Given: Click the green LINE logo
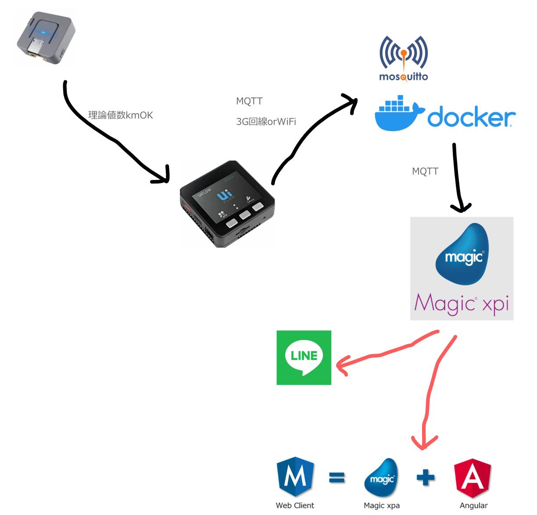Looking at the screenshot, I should (304, 358).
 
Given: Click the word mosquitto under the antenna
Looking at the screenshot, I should (404, 77).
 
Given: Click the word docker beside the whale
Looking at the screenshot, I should (471, 117).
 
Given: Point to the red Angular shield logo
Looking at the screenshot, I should (473, 477).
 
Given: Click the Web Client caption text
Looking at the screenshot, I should (295, 505).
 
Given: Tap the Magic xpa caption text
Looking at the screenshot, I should (382, 505).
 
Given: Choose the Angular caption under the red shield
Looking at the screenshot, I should (473, 505).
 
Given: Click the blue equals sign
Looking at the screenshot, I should (337, 477).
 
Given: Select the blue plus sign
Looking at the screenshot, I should (426, 477).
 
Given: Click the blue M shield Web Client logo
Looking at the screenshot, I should (295, 477).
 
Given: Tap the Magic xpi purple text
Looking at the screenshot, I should (462, 304).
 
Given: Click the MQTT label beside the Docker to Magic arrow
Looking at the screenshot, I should (425, 172).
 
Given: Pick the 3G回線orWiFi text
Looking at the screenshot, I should (266, 122).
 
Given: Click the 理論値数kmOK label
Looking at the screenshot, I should (121, 115).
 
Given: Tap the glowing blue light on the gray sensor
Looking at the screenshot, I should (44, 33).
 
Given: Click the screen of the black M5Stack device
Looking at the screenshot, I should (227, 196).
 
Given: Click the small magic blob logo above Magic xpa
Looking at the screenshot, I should (381, 478).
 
